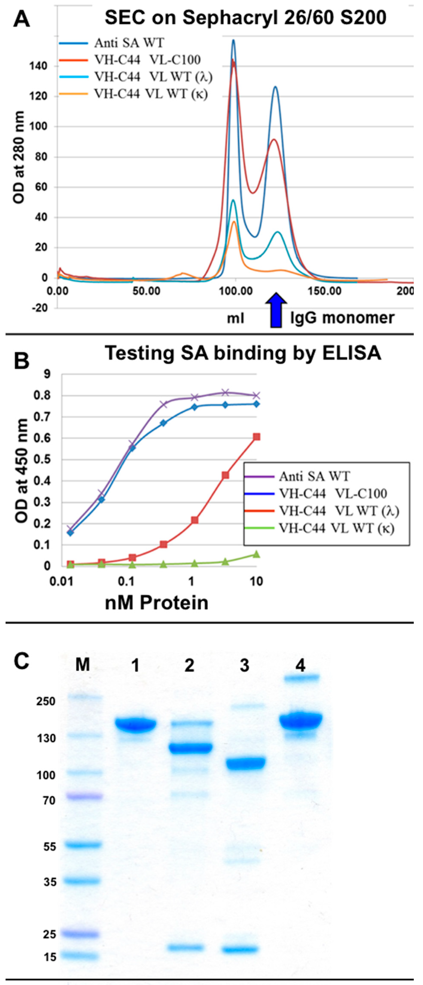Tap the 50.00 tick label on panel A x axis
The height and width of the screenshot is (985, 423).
click(146, 291)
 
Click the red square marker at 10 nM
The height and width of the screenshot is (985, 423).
click(257, 437)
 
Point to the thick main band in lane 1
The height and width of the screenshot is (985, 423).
click(135, 724)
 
